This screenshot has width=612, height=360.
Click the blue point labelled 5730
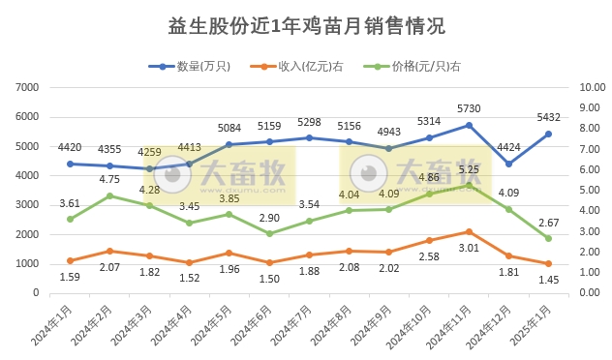pos(469,125)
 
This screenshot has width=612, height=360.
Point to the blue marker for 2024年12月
pos(508,164)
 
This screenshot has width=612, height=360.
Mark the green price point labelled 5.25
pos(469,185)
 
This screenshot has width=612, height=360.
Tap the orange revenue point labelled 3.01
pos(469,231)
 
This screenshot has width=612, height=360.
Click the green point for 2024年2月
pos(109,195)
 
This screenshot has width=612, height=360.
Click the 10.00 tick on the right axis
pos(588,87)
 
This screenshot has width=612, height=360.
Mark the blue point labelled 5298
pos(309,137)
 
